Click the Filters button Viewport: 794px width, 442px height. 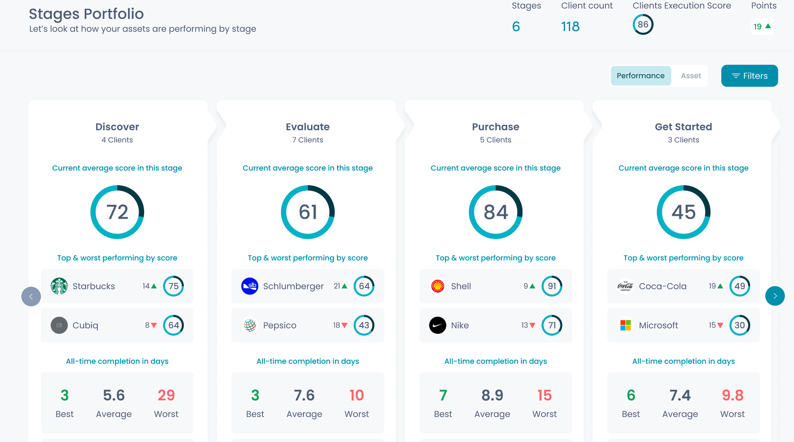(749, 76)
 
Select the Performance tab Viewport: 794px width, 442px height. (640, 76)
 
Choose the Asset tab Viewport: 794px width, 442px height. (691, 76)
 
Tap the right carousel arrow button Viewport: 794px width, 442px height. (775, 296)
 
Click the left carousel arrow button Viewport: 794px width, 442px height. (31, 297)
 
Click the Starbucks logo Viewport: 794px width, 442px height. (59, 286)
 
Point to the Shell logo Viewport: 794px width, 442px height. (437, 286)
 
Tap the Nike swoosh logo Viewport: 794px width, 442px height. (437, 326)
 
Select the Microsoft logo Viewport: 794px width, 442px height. (625, 326)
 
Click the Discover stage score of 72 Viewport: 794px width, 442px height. (117, 212)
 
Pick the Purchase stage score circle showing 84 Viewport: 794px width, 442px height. (495, 212)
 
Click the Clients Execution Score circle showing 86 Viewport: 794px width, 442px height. (643, 25)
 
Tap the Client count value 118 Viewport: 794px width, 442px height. (570, 27)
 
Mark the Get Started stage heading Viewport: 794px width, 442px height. (683, 127)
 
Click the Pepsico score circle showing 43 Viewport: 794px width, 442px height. (364, 326)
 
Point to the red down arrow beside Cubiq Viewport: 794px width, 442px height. (154, 326)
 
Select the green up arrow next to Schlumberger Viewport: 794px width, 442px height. (345, 286)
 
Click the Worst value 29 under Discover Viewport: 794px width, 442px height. (166, 395)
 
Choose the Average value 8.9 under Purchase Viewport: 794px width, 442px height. (492, 395)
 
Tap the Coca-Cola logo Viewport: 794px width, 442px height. (625, 286)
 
